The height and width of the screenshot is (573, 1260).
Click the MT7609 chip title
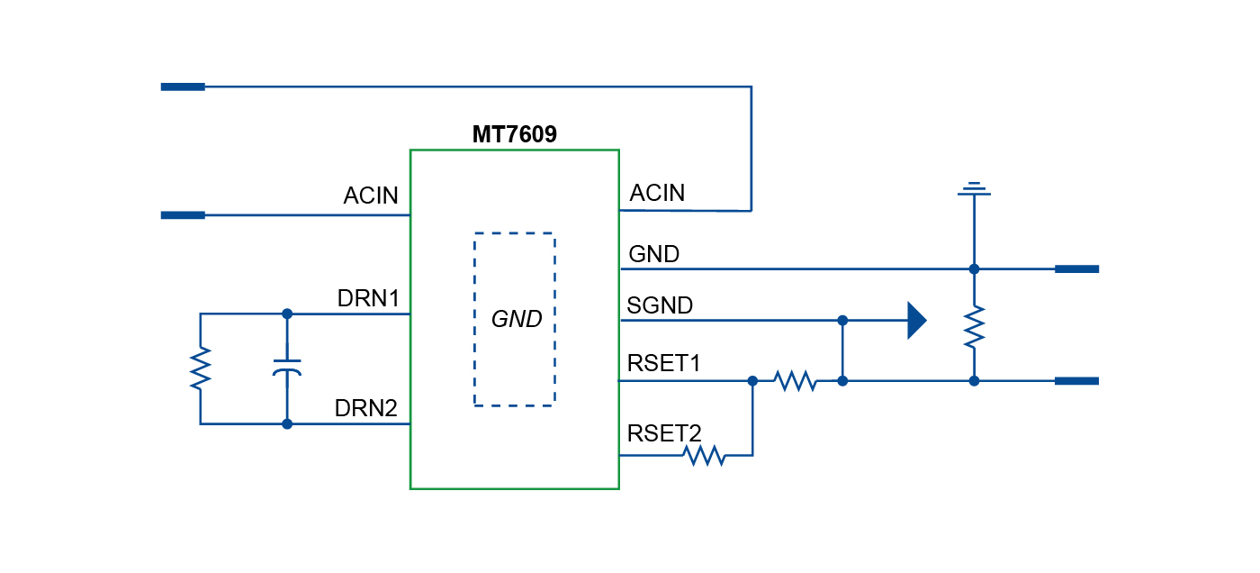515,135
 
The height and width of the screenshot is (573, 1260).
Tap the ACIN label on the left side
371,196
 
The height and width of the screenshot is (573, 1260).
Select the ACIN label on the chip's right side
657,193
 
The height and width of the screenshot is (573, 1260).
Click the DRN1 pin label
368,297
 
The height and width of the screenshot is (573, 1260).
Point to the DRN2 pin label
366,408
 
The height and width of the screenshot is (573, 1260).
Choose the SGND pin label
661,306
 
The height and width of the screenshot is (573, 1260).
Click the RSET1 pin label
664,364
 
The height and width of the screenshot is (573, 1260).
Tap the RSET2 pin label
664,433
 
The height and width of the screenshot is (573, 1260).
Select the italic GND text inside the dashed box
516,319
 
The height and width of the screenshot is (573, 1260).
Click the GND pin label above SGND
654,255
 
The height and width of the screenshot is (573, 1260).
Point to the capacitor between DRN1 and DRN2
287,368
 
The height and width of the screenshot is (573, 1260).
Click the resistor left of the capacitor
200,368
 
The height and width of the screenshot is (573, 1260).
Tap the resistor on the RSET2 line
706,456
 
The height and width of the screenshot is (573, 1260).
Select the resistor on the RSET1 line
796,381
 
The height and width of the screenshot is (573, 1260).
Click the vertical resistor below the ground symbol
974,326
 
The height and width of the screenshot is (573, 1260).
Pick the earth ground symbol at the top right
974,189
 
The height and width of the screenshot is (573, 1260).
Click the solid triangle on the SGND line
916,320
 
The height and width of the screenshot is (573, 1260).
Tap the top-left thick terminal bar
183,86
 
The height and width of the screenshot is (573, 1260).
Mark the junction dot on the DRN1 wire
287,314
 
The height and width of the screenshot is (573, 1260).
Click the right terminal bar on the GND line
1076,268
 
